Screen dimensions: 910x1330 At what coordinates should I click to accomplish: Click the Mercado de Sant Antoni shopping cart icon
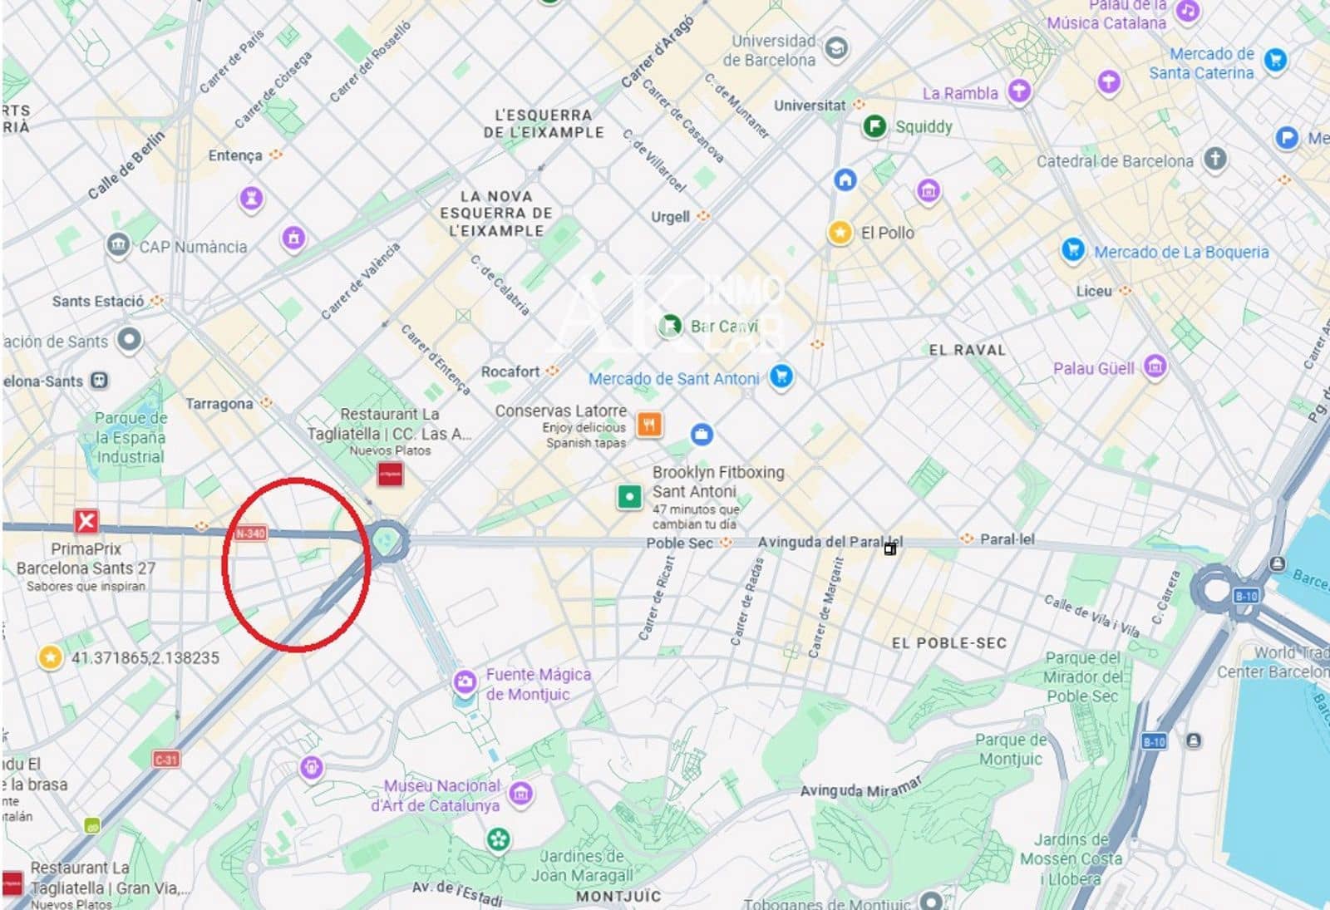(x=781, y=376)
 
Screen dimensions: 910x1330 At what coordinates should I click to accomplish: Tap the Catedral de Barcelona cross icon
(x=1215, y=158)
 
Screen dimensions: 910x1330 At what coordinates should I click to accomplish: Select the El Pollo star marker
(x=840, y=232)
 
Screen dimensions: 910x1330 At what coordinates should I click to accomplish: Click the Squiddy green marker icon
(x=874, y=126)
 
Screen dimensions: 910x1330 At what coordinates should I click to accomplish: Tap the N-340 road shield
(x=250, y=533)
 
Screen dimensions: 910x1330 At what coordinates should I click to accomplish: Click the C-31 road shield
(x=166, y=759)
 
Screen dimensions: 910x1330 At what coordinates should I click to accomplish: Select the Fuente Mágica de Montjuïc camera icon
(x=464, y=682)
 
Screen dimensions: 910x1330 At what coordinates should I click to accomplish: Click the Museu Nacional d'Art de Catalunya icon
(x=520, y=793)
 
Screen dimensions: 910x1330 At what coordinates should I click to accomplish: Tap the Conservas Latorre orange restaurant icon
(x=649, y=424)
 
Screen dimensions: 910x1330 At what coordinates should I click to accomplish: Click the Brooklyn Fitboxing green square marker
(x=629, y=497)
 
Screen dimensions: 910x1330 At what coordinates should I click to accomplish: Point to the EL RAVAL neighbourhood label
(x=967, y=350)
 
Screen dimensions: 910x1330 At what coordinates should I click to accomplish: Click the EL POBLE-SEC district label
(x=948, y=642)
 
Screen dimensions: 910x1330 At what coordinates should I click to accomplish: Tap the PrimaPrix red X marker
(x=86, y=521)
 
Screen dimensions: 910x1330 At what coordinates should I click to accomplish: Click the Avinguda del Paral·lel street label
(x=830, y=542)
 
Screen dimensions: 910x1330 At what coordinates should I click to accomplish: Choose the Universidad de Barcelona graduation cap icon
(x=836, y=48)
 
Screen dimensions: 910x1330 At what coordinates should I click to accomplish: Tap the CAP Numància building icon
(x=118, y=244)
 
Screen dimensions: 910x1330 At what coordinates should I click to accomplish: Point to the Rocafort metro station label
(x=510, y=371)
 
